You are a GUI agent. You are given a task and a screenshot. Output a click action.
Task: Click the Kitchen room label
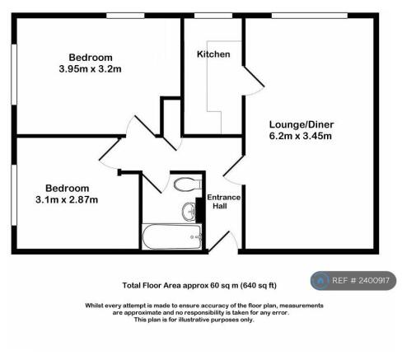[x=213, y=54]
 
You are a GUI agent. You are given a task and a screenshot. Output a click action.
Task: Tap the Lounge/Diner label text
[x=301, y=124]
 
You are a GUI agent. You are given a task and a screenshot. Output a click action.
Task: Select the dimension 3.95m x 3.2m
[x=90, y=68]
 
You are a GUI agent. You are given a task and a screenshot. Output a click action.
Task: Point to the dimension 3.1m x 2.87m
[x=67, y=199]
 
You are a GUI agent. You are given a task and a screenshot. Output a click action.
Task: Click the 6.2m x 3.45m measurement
[x=301, y=136]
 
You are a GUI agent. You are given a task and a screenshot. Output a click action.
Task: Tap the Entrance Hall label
[x=223, y=202]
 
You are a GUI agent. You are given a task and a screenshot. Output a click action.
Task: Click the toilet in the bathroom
[x=188, y=184]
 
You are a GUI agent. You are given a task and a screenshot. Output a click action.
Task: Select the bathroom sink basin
[x=189, y=212]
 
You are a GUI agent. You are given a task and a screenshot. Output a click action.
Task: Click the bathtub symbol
[x=171, y=236]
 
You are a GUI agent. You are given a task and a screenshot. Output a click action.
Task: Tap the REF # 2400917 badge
[x=353, y=280]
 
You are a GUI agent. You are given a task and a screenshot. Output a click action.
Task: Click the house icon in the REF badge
[x=320, y=281]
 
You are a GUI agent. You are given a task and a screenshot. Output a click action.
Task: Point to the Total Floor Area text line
[x=199, y=286]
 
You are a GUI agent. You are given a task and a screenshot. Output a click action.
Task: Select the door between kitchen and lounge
[x=254, y=81]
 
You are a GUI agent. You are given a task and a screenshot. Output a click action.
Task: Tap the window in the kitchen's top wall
[x=213, y=16]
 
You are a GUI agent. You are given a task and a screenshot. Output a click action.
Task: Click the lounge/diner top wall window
[x=310, y=16]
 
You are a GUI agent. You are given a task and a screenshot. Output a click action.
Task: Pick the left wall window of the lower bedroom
[x=14, y=195]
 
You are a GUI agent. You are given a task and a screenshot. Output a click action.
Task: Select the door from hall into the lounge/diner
[x=233, y=171]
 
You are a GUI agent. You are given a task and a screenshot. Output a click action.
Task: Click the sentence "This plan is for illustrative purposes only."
[x=194, y=320]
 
